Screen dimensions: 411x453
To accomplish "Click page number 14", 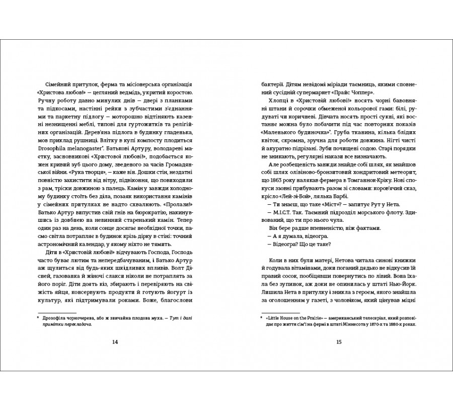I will (x=115, y=342).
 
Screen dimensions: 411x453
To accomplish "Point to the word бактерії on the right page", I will (x=266, y=84).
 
